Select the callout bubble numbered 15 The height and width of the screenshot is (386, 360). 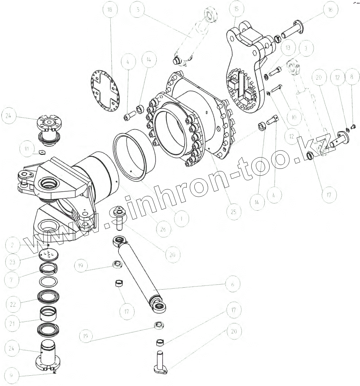[x=236, y=9]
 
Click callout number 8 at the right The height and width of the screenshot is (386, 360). [x=351, y=77]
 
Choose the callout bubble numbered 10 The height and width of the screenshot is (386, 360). [x=294, y=117]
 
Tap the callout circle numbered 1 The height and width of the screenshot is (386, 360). [x=181, y=219]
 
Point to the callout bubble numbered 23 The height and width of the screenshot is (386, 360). [x=12, y=262]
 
